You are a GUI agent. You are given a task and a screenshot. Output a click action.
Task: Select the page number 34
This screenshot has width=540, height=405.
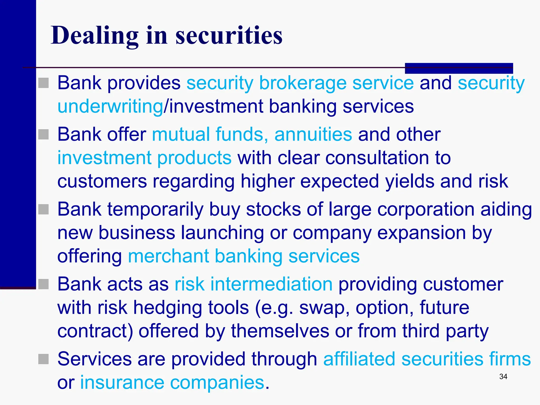pos(503,377)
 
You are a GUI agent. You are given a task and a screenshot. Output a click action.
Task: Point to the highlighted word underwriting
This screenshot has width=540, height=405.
pos(110,107)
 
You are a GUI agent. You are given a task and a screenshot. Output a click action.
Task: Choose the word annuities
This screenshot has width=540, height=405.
pos(313,134)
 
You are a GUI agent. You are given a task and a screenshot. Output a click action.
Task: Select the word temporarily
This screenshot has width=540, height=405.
pos(155,210)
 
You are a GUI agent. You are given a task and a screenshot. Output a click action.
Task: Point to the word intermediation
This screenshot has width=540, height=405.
pos(271,285)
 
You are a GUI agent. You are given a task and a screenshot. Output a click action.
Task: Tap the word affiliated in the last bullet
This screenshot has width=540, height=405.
pos(359,359)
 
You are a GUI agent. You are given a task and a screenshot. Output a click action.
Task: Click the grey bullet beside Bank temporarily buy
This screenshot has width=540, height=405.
pos(44,209)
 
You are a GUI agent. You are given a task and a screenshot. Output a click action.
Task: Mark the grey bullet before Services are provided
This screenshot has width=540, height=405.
pos(44,359)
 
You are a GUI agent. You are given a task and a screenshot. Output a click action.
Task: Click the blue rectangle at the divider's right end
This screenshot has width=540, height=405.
pos(459,68)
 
